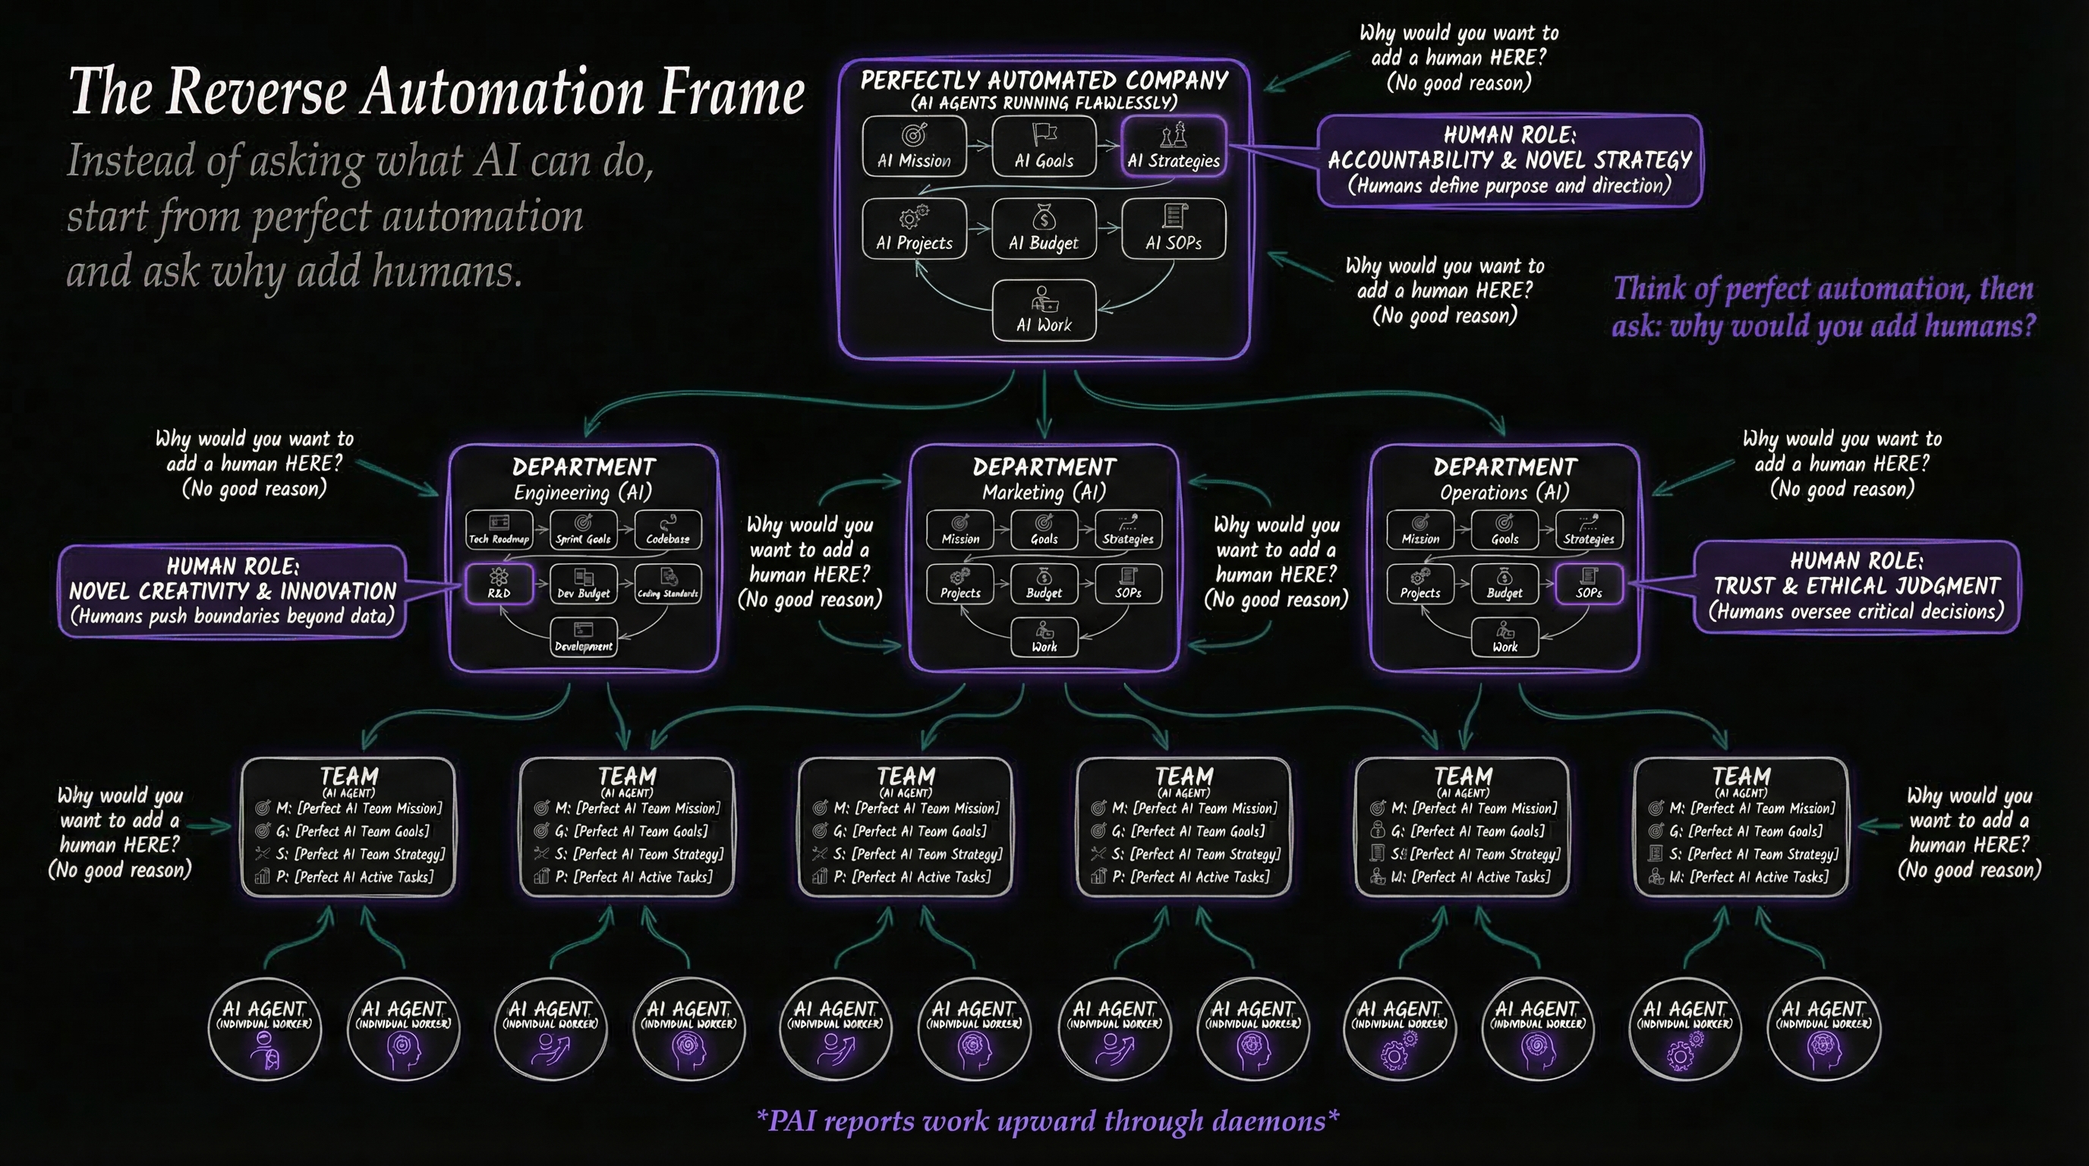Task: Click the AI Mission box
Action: tap(914, 146)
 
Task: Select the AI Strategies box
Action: tap(1173, 146)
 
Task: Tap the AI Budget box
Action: tap(1044, 228)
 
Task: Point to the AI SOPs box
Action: tap(1173, 228)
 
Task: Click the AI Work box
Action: tap(1044, 310)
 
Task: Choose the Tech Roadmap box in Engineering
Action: tap(499, 531)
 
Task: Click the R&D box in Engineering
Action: tap(499, 584)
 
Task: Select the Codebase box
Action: tap(667, 531)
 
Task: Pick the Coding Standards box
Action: tap(667, 584)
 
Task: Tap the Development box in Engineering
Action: tap(583, 638)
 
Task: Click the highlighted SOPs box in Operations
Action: tap(1589, 584)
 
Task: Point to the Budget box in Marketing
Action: tap(1044, 584)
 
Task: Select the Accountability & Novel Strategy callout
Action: tap(1509, 160)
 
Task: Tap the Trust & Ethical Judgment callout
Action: tap(1855, 586)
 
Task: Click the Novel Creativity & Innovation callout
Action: tap(232, 591)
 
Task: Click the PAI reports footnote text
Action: tap(1047, 1120)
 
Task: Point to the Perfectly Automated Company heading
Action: tap(1044, 80)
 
